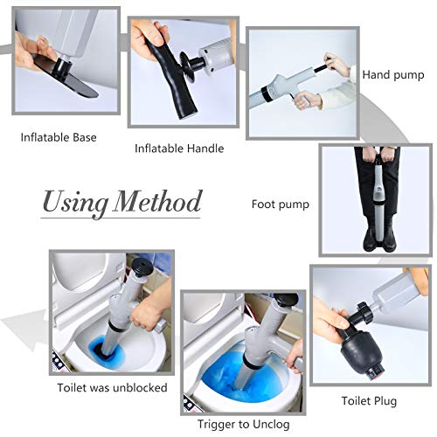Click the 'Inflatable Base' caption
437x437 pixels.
tap(59, 137)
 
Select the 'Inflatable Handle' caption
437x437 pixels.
tap(179, 148)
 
